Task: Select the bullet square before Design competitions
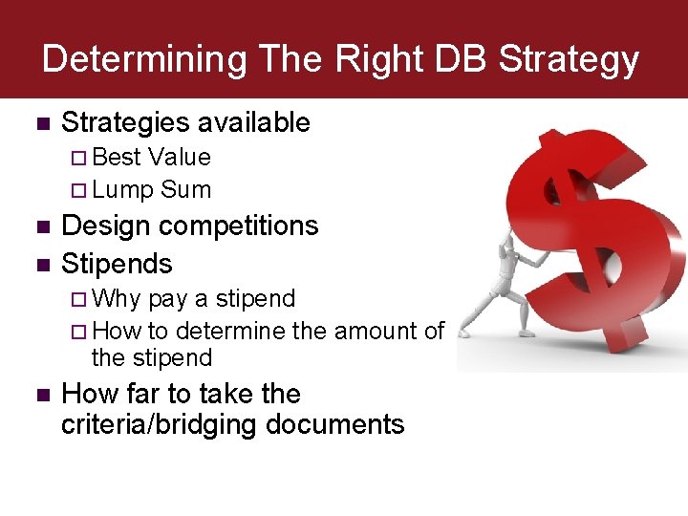[40, 227]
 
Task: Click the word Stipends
[117, 264]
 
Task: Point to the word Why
[118, 299]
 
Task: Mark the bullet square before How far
[40, 396]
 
